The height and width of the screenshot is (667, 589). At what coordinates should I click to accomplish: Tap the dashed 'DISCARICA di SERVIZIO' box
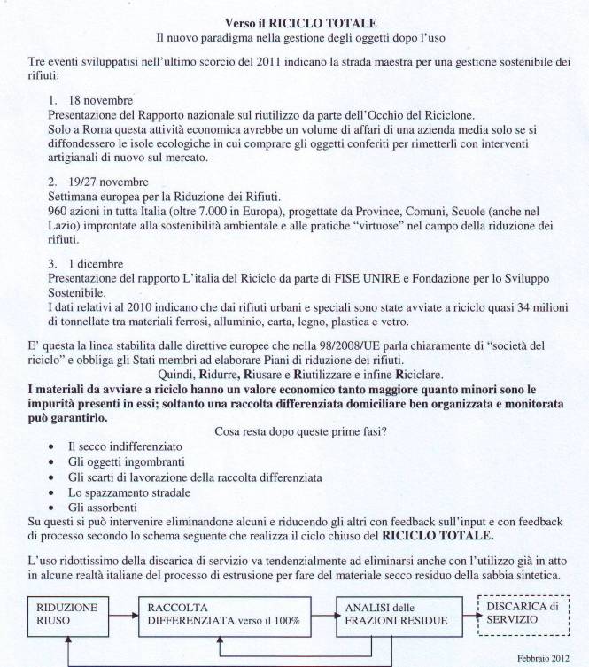click(521, 613)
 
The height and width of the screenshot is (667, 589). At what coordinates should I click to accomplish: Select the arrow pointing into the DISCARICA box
click(461, 613)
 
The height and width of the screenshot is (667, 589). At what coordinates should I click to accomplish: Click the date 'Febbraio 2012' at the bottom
click(545, 657)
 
